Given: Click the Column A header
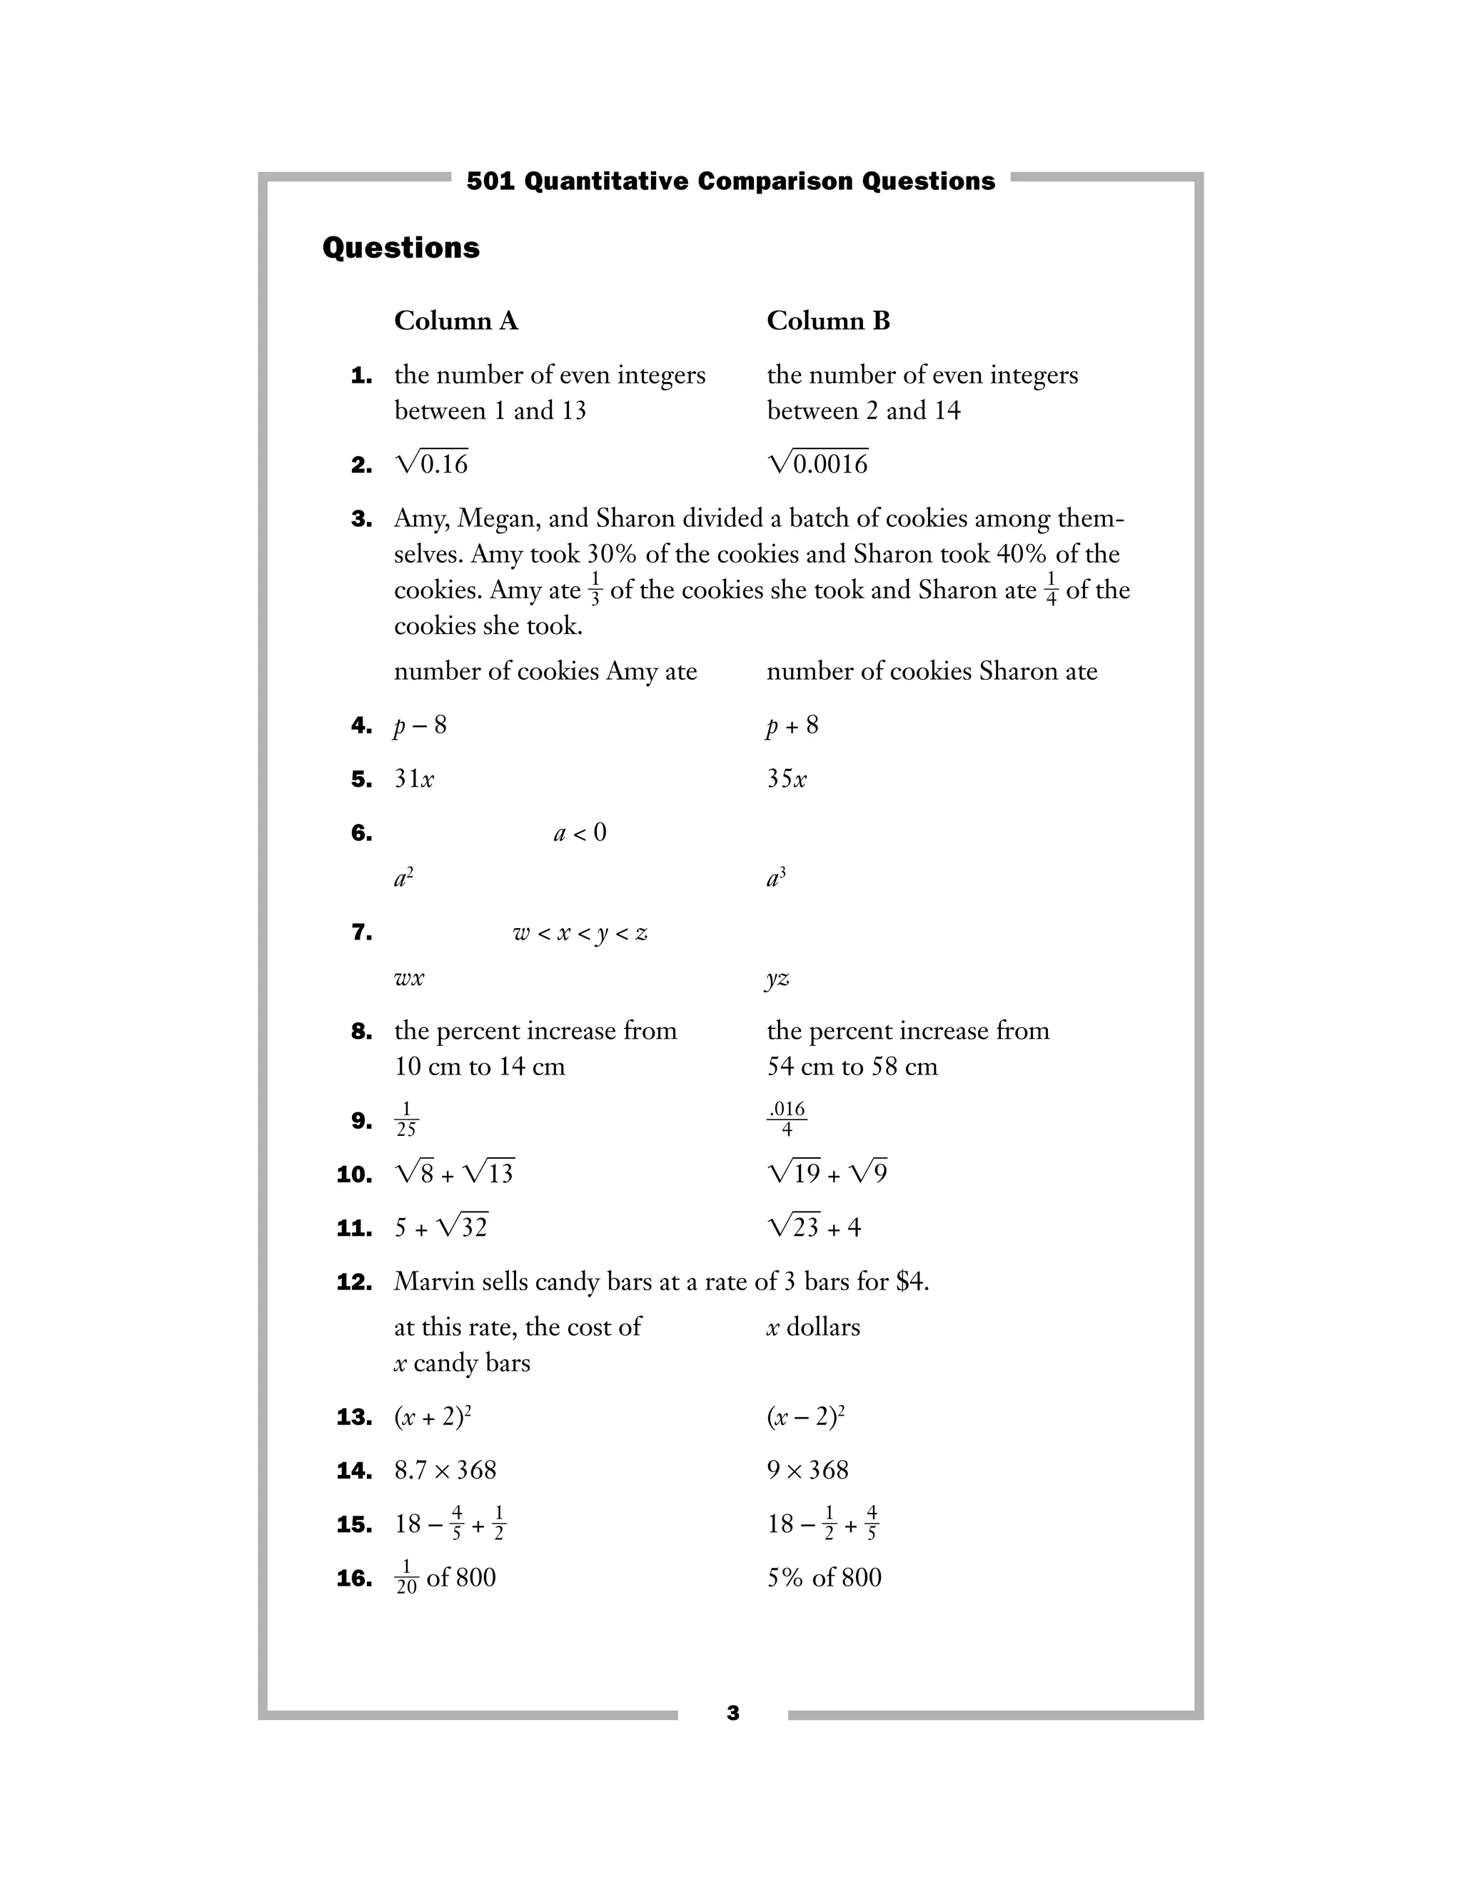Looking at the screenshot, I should click(455, 321).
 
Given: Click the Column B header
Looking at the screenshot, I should click(828, 321).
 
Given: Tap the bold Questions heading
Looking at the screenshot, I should click(400, 248).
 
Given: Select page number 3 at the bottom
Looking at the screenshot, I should click(732, 1714).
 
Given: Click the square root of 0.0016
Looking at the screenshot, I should click(817, 463).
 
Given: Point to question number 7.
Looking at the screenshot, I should click(361, 933).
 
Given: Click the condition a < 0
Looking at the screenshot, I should click(580, 833).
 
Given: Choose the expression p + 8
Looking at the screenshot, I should click(792, 725).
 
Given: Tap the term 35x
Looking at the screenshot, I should click(787, 779).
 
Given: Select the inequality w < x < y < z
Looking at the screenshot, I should click(580, 933).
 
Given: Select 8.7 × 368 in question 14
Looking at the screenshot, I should click(445, 1470).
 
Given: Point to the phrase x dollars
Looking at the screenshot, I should click(813, 1327).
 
